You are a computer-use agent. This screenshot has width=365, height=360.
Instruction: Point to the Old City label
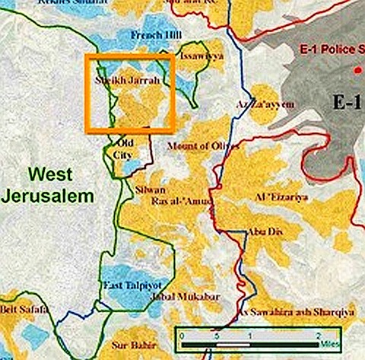[x=123, y=149]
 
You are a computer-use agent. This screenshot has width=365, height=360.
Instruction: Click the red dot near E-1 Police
[x=354, y=70]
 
